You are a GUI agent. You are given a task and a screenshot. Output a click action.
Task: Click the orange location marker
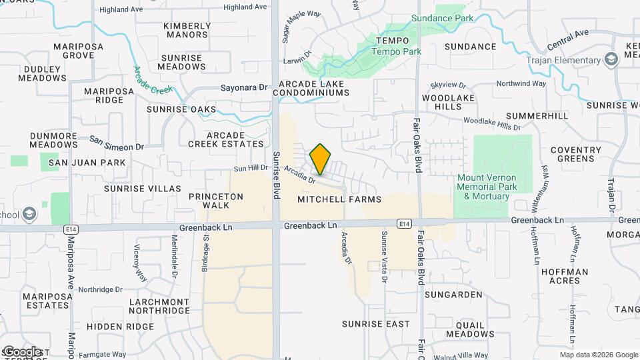(x=321, y=159)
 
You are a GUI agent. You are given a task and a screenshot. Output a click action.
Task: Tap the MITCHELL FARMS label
(x=339, y=199)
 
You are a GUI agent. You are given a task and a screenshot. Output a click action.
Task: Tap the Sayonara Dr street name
(x=243, y=87)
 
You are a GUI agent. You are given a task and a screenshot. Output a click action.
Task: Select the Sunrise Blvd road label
(x=275, y=174)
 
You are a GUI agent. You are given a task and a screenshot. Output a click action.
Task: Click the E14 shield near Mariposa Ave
(x=70, y=229)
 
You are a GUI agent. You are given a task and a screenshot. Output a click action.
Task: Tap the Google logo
(x=21, y=351)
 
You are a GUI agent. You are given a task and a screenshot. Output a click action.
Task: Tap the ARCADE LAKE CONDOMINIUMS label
(x=314, y=88)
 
